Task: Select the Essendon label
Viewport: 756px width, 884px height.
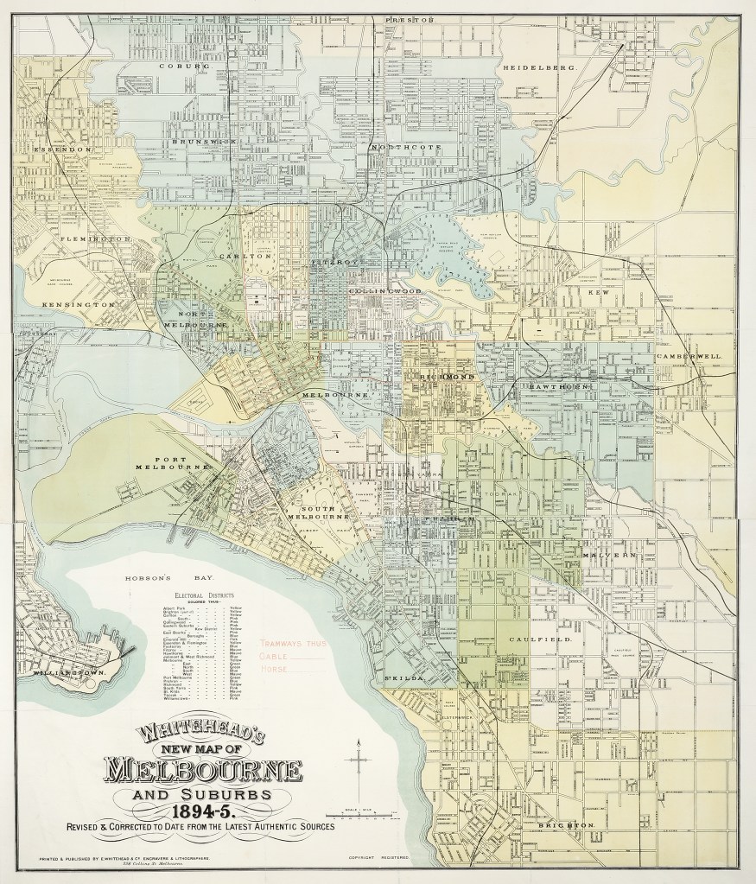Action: click(x=62, y=149)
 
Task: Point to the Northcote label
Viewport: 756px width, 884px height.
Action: click(x=406, y=147)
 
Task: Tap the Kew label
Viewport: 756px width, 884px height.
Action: click(x=593, y=293)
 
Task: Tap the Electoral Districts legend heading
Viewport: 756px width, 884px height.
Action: click(x=202, y=595)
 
